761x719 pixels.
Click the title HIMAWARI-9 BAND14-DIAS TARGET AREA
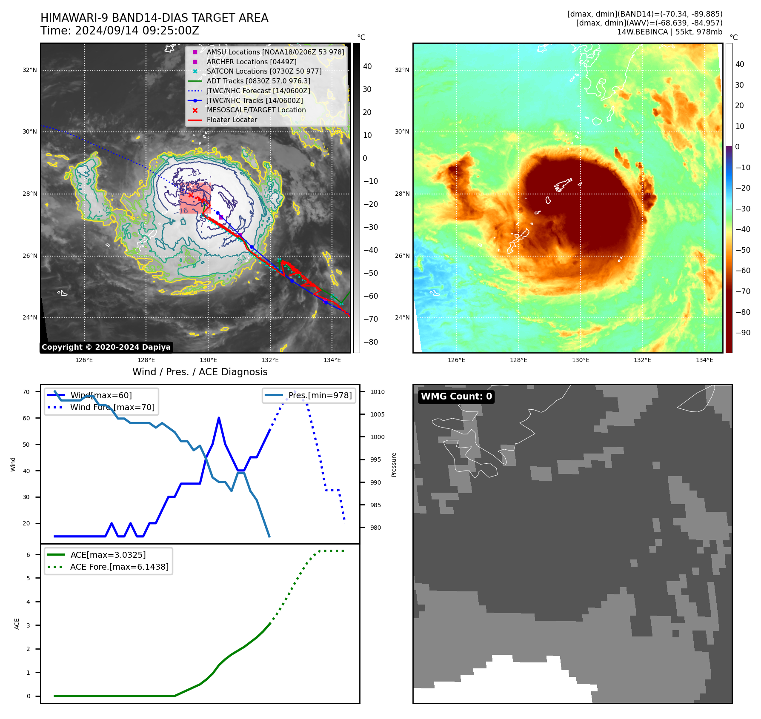154,18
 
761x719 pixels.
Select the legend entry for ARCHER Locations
251,62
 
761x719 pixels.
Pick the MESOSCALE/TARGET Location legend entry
256,110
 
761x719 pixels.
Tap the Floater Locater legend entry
232,120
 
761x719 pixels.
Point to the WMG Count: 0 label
456,397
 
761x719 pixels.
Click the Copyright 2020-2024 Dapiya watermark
106,347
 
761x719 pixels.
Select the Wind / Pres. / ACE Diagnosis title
200,372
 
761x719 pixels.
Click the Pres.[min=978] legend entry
320,396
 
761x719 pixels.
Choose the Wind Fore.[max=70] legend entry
112,407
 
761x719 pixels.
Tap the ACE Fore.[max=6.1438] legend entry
119,567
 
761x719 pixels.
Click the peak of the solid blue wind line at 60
219,418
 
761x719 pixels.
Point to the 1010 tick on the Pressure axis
377,392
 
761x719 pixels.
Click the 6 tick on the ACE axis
28,555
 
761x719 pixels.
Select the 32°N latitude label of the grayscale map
30,70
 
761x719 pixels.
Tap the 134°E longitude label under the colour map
704,360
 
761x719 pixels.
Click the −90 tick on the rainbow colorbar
743,333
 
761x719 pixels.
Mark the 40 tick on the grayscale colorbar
367,66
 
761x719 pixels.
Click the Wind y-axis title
13,464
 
